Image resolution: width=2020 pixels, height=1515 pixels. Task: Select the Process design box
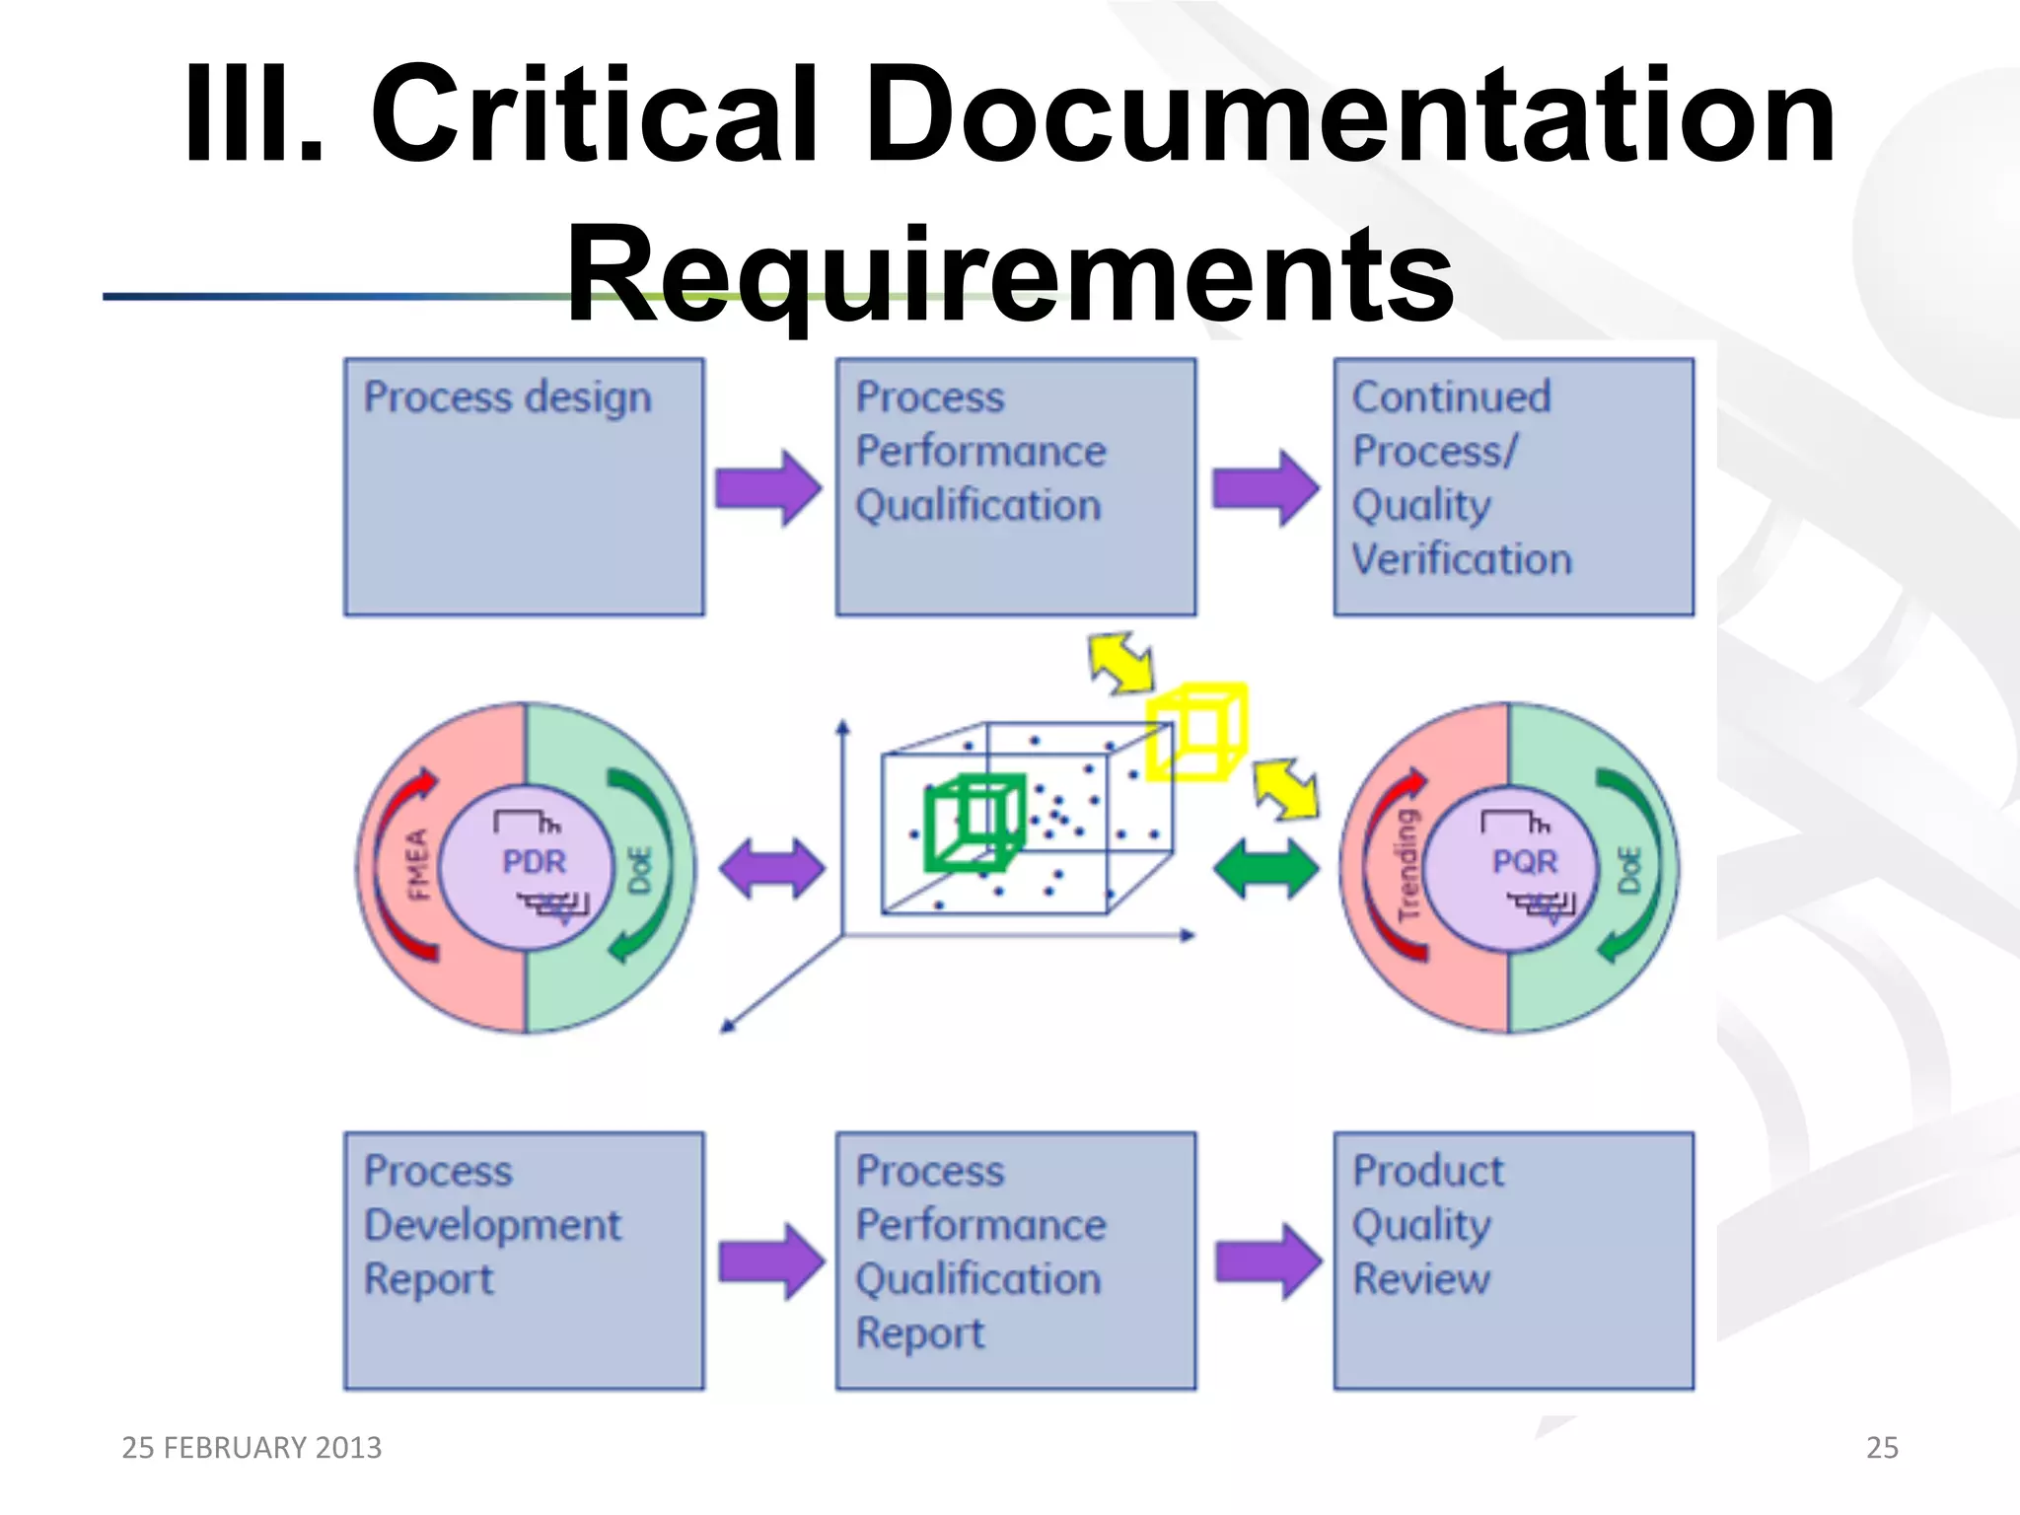point(524,486)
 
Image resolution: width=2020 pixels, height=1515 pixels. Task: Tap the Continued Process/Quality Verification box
point(1513,486)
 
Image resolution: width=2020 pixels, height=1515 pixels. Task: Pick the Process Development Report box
point(524,1260)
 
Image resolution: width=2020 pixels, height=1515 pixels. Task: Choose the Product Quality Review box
point(1513,1260)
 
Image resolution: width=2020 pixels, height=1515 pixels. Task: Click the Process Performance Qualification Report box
point(1015,1260)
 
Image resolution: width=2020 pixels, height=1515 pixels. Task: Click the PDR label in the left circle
point(534,861)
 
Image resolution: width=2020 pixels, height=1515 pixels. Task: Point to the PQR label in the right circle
point(1524,861)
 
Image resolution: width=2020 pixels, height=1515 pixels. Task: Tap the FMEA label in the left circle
point(418,865)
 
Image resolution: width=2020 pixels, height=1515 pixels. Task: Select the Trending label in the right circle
point(1407,865)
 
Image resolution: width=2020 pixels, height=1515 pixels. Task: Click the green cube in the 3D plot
point(974,822)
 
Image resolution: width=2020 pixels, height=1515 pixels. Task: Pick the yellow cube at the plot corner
point(1197,731)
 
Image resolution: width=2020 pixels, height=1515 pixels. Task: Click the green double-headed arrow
point(1265,869)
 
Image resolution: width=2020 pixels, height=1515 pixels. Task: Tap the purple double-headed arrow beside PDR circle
point(771,869)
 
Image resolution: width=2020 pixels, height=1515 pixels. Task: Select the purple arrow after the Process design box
point(768,487)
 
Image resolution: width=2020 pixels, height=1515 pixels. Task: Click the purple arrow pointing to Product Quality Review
point(1267,1261)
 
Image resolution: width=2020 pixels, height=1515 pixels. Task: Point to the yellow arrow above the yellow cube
point(1121,663)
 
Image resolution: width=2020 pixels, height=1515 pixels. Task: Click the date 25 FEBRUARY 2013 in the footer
point(252,1447)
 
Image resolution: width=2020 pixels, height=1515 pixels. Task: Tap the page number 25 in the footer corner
point(1881,1447)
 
